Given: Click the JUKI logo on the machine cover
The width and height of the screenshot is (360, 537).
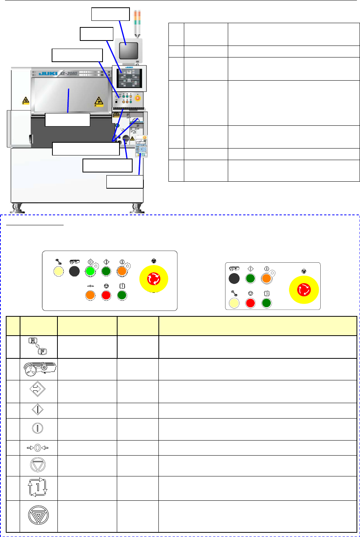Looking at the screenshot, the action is [48, 73].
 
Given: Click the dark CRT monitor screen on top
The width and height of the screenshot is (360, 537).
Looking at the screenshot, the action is [128, 50].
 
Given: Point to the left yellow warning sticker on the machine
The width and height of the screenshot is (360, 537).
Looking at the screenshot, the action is [25, 101].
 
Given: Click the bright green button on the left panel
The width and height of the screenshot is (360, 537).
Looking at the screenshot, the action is [90, 271].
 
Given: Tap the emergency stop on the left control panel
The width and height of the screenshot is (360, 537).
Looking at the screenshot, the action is [153, 278].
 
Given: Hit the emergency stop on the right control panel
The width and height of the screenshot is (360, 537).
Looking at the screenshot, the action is [304, 289].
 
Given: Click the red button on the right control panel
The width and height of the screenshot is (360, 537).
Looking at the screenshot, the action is [251, 303].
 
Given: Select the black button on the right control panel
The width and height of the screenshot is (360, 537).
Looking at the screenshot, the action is [234, 279].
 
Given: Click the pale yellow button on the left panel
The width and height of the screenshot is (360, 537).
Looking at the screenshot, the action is [58, 271].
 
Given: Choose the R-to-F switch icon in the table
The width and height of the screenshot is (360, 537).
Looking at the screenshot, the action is [38, 346].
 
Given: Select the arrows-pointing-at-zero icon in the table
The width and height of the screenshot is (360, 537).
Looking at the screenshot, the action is [37, 448].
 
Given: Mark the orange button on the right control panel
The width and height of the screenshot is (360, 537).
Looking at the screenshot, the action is [266, 279].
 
